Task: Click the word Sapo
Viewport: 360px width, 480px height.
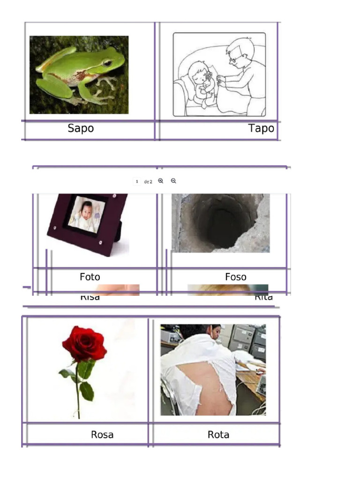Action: (81, 128)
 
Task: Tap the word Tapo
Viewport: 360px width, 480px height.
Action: (261, 128)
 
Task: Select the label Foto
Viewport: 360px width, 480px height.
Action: (90, 277)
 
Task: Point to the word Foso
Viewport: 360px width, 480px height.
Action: (235, 277)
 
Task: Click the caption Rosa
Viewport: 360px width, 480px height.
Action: (102, 435)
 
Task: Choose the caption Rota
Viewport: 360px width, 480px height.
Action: (218, 435)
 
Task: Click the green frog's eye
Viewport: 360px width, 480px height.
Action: (107, 63)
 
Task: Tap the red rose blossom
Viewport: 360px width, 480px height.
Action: (84, 344)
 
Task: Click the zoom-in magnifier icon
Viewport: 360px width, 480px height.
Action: (161, 181)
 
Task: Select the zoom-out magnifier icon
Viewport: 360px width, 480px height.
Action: (173, 181)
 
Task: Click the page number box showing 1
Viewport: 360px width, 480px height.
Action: (137, 181)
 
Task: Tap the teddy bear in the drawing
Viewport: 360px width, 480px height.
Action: (206, 87)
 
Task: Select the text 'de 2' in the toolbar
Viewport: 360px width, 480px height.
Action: (148, 181)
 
